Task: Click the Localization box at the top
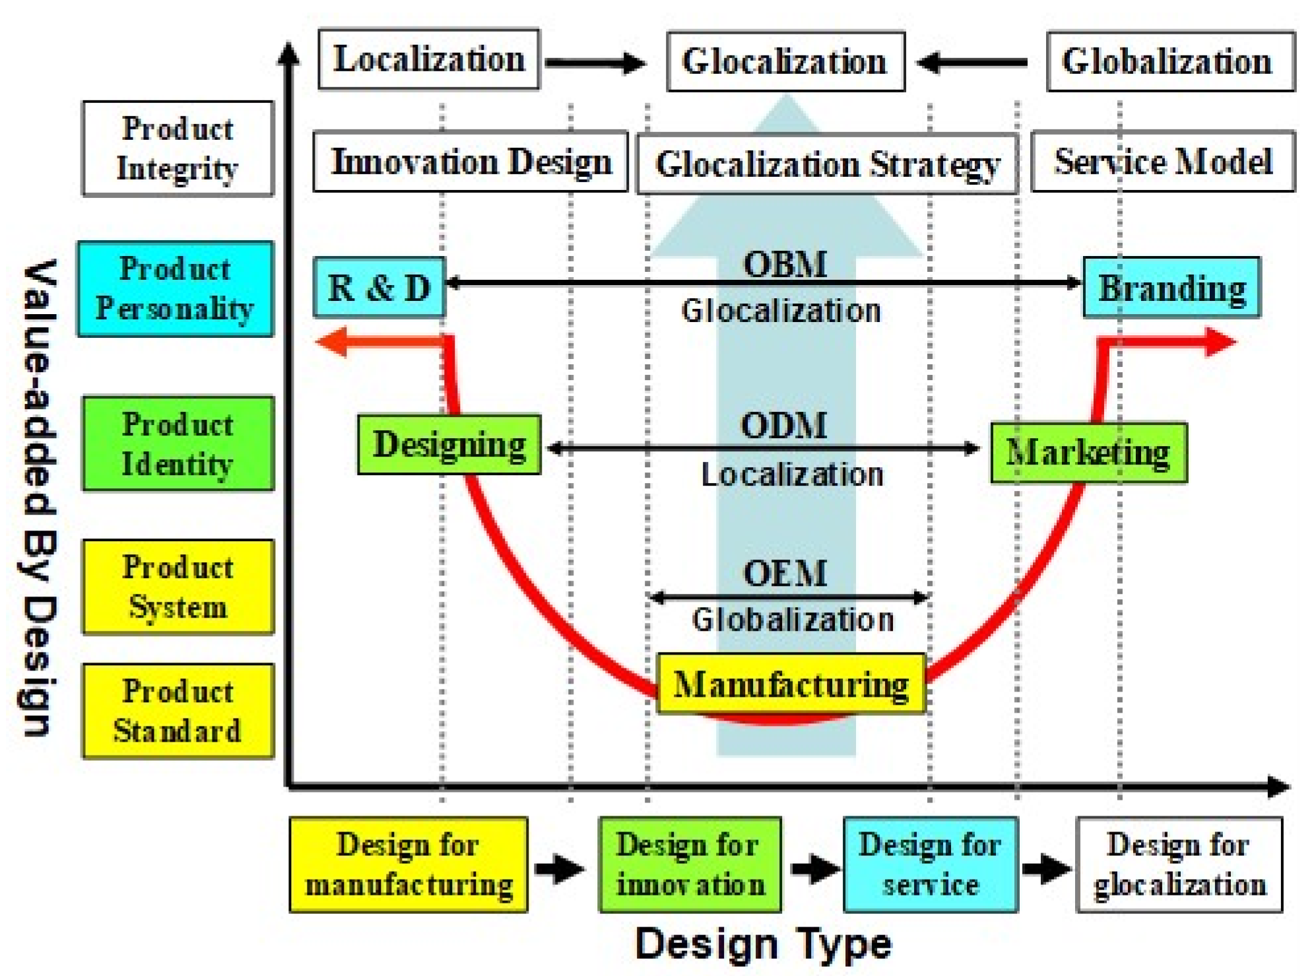pyautogui.click(x=429, y=59)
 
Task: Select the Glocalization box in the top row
pyautogui.click(x=785, y=61)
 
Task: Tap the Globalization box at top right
pyautogui.click(x=1170, y=61)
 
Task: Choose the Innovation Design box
pyautogui.click(x=470, y=162)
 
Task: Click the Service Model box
pyautogui.click(x=1163, y=162)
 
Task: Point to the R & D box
pyautogui.click(x=379, y=288)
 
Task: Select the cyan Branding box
pyautogui.click(x=1171, y=288)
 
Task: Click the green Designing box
pyautogui.click(x=449, y=445)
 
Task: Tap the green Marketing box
pyautogui.click(x=1088, y=453)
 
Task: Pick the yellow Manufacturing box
pyautogui.click(x=791, y=684)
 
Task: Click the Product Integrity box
pyautogui.click(x=178, y=148)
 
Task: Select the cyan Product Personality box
pyautogui.click(x=176, y=289)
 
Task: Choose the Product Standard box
pyautogui.click(x=178, y=711)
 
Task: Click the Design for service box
pyautogui.click(x=931, y=864)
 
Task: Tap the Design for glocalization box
pyautogui.click(x=1179, y=864)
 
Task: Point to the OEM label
pyautogui.click(x=785, y=573)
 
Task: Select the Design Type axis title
pyautogui.click(x=763, y=944)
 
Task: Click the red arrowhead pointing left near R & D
pyautogui.click(x=332, y=342)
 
